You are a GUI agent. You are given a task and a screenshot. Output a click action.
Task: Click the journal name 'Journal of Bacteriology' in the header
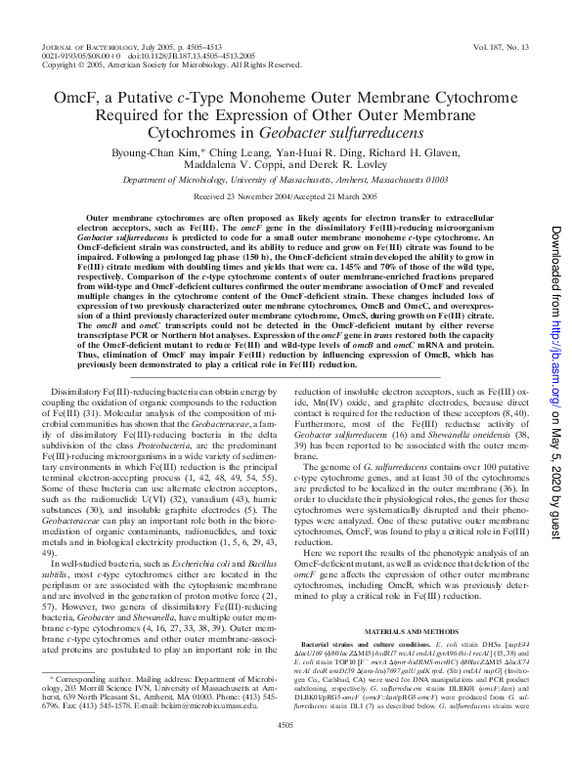coord(79,46)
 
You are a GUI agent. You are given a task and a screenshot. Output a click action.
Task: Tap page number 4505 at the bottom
coord(286,750)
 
